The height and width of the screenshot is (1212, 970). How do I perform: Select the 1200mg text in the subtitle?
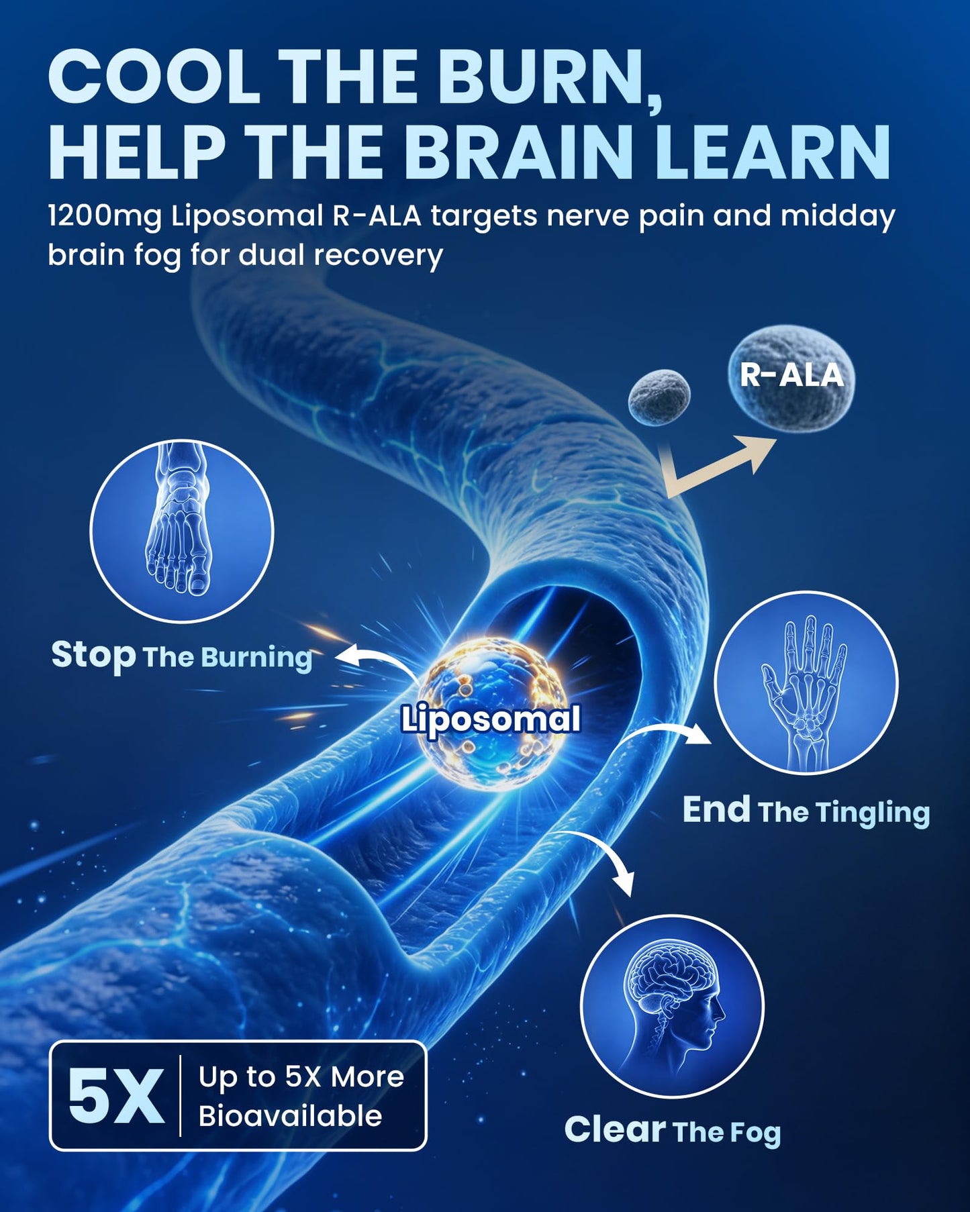coord(105,217)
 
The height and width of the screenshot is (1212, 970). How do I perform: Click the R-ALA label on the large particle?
coord(791,375)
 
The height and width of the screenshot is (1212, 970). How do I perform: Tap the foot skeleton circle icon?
coord(182,531)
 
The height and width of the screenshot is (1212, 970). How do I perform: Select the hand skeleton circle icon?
coord(806,683)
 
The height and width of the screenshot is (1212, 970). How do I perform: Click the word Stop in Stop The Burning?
coord(93,655)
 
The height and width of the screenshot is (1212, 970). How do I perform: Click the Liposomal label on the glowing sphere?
coord(491,719)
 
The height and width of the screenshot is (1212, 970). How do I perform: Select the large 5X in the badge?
coord(116,1096)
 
